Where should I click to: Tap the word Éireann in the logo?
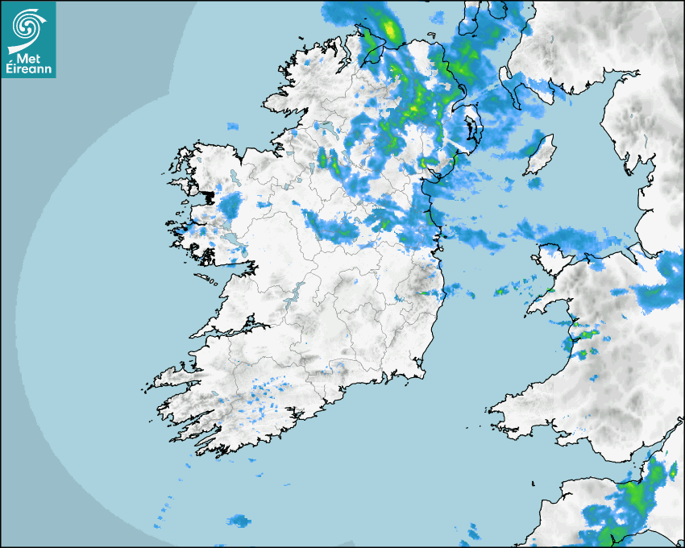[28, 68]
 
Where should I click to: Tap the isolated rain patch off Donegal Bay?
[233, 127]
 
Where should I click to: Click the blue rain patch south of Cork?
[239, 521]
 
